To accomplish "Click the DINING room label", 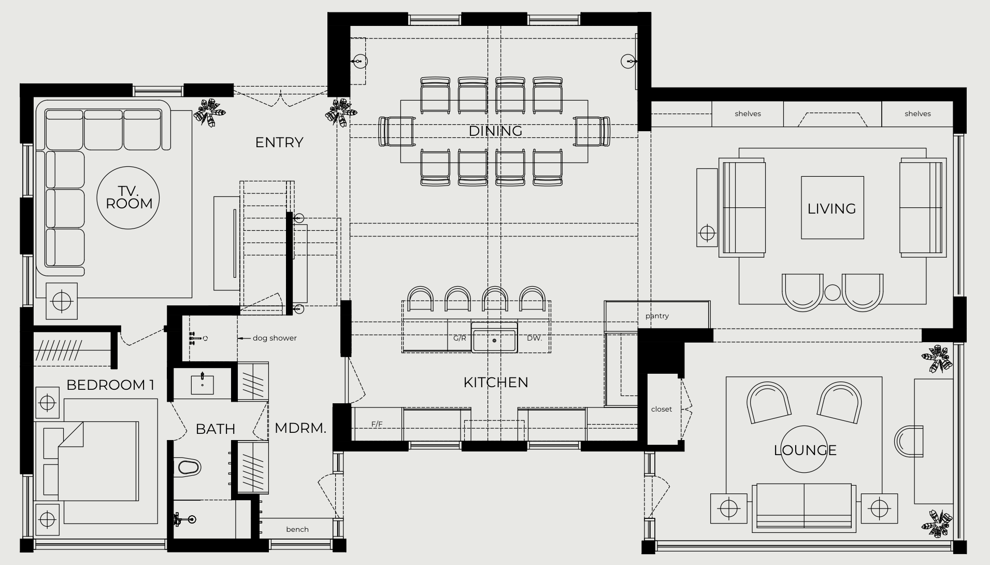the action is [x=495, y=131].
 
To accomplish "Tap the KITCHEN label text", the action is [x=496, y=383].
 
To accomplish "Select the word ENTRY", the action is [x=279, y=143].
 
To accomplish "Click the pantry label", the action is [x=657, y=316].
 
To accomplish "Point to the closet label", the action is [x=662, y=409].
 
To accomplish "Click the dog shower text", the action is [x=275, y=338].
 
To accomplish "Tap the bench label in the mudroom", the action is [x=297, y=529].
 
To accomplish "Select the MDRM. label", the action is [x=300, y=428].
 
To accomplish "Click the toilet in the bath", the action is [x=188, y=467].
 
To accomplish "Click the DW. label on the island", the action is [x=534, y=338].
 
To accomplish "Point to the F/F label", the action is [x=377, y=424].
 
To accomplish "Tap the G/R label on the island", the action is [x=460, y=338].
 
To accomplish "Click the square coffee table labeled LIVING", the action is [x=832, y=208].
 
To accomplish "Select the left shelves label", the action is [x=748, y=114].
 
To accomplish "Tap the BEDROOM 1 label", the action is [x=110, y=385].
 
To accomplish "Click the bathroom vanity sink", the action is [x=202, y=384].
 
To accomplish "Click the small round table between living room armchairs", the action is [x=832, y=293].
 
